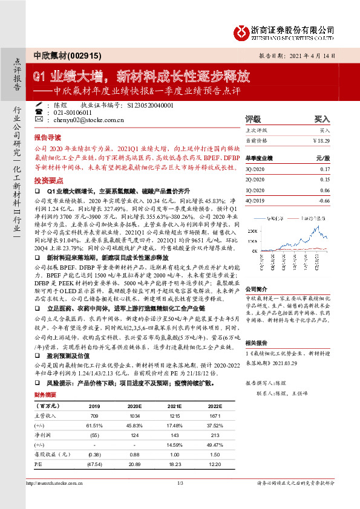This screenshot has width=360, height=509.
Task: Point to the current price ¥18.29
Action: (x=321, y=140)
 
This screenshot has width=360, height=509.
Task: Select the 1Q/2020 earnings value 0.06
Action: (x=325, y=189)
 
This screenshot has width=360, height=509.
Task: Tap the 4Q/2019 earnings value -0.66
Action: (x=324, y=199)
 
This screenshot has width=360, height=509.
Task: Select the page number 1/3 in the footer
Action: (x=180, y=499)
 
